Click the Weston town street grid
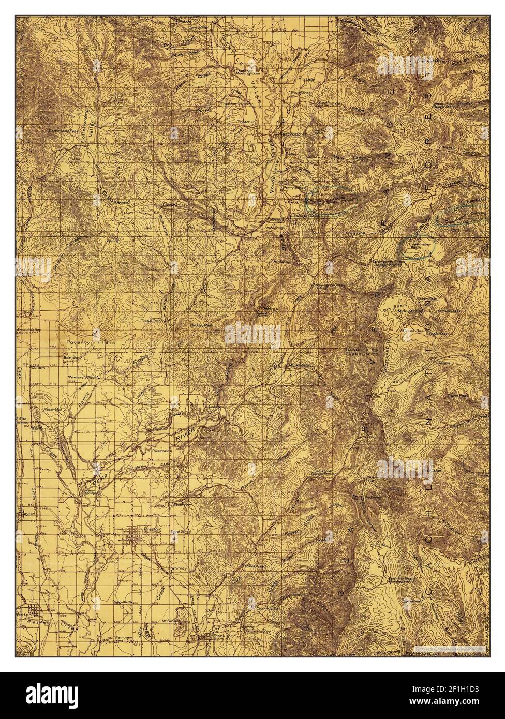point(32,611)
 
